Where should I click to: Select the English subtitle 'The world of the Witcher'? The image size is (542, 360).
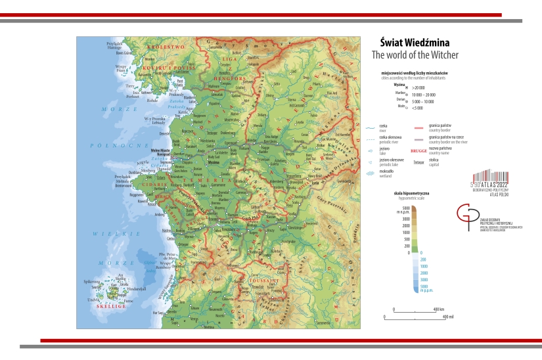click(415, 55)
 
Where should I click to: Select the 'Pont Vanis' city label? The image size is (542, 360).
click(179, 82)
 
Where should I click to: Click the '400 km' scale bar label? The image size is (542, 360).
click(439, 309)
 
